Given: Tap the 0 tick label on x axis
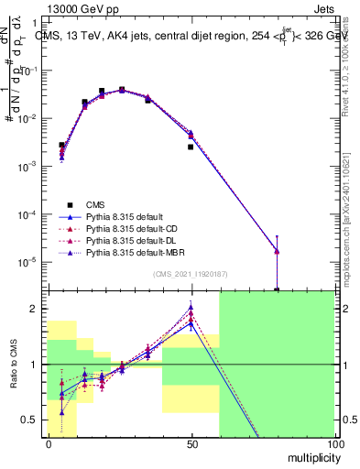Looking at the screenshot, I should [x=48, y=442].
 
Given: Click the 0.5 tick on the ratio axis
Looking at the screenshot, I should [x=30, y=420].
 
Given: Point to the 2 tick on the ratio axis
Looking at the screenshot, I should [x=35, y=309].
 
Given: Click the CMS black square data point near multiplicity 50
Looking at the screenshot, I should [x=191, y=147].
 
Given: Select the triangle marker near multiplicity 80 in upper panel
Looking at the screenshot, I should [x=277, y=251].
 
